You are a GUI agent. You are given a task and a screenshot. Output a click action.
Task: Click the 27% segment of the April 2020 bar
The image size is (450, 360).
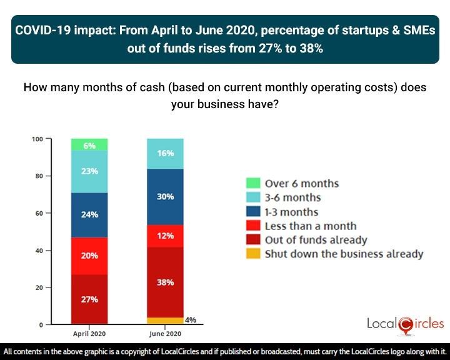tap(89, 299)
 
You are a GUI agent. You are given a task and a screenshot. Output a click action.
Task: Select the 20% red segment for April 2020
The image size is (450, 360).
tap(89, 256)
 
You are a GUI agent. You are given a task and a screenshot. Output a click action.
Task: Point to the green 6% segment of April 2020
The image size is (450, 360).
tap(89, 145)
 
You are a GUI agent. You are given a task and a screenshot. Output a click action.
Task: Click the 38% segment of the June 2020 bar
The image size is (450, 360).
tap(165, 282)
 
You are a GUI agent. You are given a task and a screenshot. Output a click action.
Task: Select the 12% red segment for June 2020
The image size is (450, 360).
tap(165, 236)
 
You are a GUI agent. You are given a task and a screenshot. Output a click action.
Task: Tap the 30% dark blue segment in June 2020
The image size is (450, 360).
tap(165, 196)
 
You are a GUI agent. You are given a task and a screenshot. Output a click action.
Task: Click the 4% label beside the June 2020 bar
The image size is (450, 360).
tap(191, 319)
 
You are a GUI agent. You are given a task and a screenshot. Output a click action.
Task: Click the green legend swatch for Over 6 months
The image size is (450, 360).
tap(252, 183)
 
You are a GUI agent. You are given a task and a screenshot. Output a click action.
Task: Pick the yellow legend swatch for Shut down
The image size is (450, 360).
tap(252, 254)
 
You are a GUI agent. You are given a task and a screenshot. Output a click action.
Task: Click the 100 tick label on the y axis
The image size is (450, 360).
tap(37, 139)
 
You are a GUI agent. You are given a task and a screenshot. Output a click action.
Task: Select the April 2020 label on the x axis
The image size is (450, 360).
tap(89, 333)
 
